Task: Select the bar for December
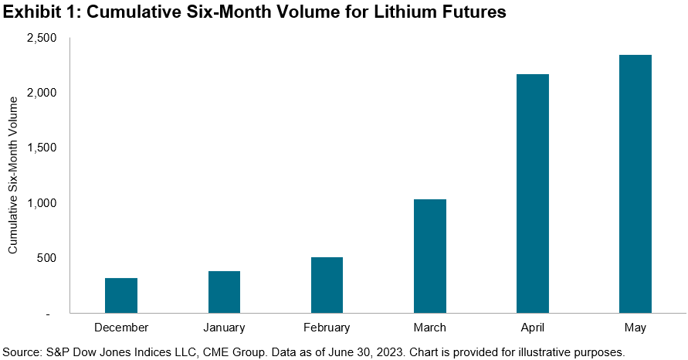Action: [x=121, y=296]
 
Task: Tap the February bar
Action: [x=327, y=285]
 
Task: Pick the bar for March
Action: [x=430, y=256]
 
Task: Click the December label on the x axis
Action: [x=121, y=328]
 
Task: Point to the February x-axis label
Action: [x=327, y=328]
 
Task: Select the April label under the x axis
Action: [x=533, y=328]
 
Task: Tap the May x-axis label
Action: [x=635, y=328]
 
